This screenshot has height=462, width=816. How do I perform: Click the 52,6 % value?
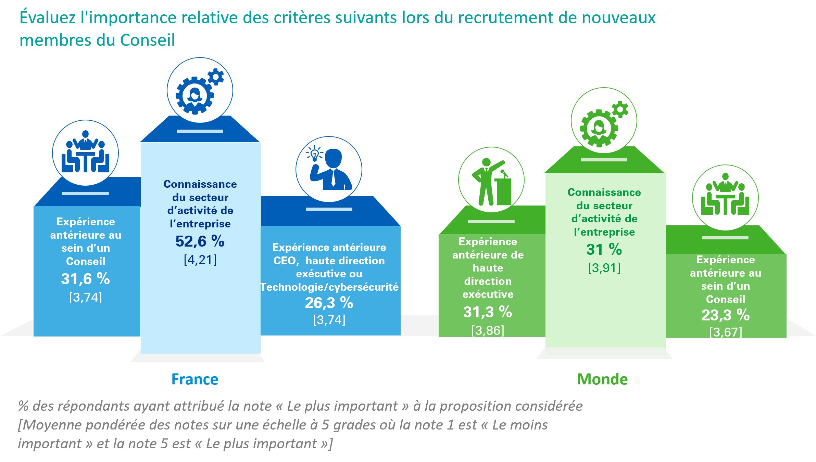[200, 241]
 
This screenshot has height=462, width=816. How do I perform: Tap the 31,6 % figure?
[85, 279]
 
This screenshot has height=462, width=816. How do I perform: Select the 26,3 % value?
[329, 303]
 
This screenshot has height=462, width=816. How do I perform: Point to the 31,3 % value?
[488, 312]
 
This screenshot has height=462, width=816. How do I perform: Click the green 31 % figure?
[604, 250]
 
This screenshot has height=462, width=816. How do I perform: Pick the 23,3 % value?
[725, 315]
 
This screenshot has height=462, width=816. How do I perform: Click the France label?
[195, 379]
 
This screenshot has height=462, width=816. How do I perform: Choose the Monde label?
[602, 379]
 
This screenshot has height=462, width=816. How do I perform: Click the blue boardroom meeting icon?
[85, 153]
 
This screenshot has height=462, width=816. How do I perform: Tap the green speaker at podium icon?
[491, 180]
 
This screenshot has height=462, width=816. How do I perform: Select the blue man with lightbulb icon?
[329, 169]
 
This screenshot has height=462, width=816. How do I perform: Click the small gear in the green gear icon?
[620, 110]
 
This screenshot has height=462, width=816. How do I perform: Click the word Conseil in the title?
[148, 40]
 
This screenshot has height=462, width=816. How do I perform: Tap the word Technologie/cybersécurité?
[329, 287]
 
